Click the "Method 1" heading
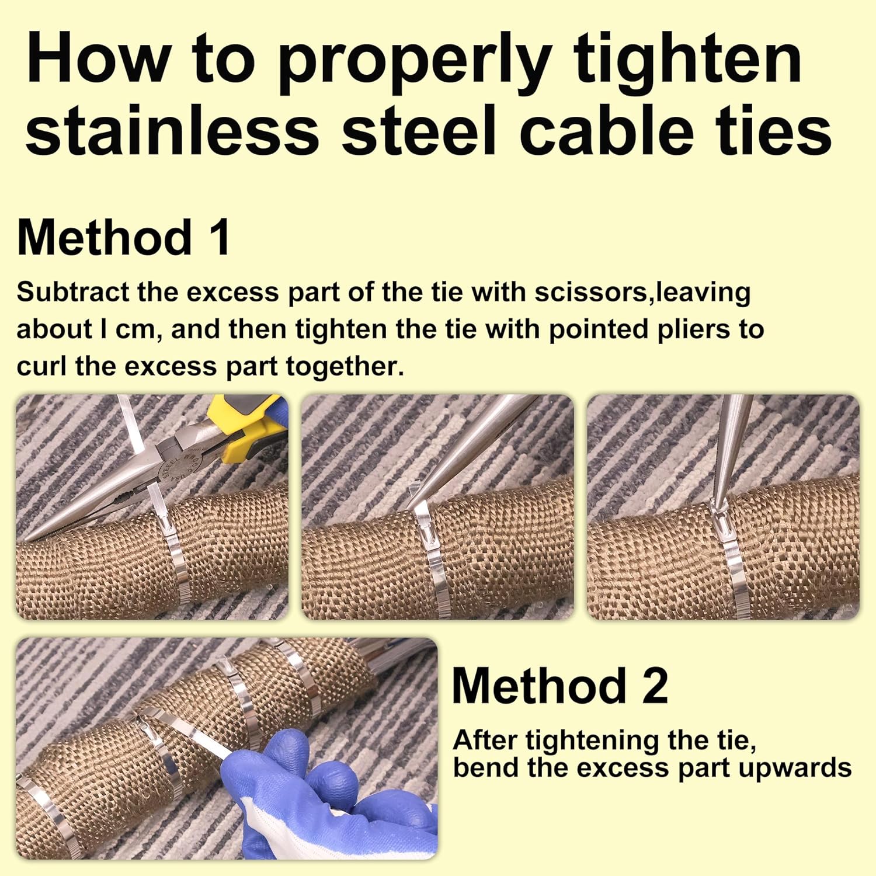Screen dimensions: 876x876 [124, 238]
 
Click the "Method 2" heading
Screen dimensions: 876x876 [559, 686]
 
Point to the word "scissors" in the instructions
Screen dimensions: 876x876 [592, 292]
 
